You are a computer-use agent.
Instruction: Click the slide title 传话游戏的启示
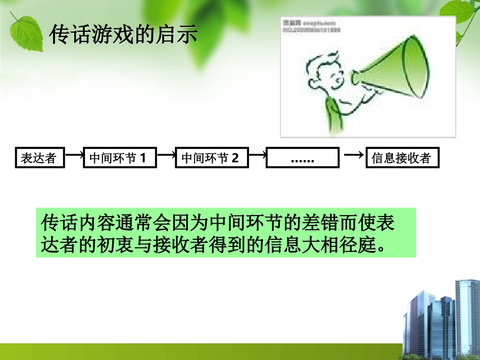(123, 35)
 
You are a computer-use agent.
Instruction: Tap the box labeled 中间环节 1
(118, 159)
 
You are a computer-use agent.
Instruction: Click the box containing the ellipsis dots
(302, 159)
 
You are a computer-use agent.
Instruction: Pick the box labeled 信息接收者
(402, 159)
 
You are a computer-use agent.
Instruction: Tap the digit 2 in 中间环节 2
(234, 159)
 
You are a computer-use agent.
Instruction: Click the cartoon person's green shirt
(333, 116)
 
